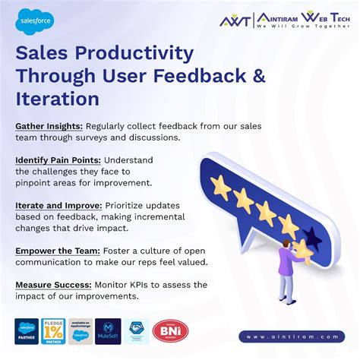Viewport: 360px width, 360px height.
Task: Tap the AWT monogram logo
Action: (235, 21)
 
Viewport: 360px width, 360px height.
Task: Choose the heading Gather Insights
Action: (47, 125)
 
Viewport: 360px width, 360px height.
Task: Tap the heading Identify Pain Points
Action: (57, 160)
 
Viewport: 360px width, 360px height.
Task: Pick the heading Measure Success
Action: (51, 285)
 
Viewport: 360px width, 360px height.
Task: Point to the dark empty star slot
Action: (312, 240)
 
